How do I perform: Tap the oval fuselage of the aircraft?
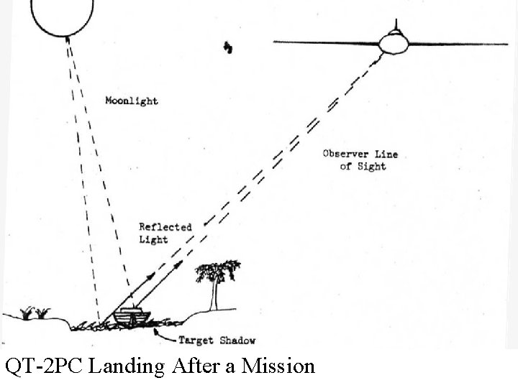tap(394, 43)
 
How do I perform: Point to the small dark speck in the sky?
tap(229, 48)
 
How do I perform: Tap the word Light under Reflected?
tap(153, 239)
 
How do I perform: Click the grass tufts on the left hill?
tap(35, 313)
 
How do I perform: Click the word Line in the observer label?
tap(386, 154)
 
